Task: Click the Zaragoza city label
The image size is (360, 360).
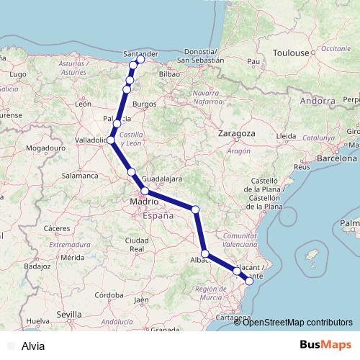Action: coord(238,134)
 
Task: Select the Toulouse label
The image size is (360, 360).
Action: coord(290,53)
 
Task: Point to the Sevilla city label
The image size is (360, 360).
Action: coord(69,315)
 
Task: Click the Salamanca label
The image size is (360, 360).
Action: coord(79,175)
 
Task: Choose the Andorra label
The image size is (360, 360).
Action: coord(318,101)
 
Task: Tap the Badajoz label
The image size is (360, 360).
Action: coord(35,266)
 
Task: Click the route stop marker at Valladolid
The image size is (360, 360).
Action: coord(110,140)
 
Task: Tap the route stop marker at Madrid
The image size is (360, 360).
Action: coord(144,191)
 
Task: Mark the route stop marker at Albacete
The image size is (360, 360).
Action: coord(205,253)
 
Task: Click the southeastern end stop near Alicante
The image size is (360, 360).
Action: coord(249,281)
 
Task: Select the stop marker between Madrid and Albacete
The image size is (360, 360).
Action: coord(196,209)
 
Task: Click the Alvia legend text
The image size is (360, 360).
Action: coord(33,346)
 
